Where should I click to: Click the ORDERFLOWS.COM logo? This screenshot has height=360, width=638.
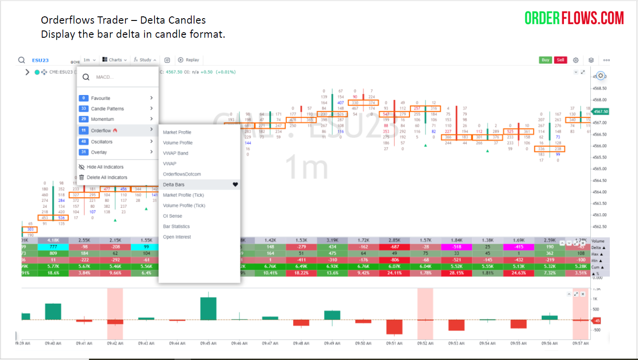[x=574, y=18]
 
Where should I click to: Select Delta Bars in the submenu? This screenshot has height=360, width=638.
[x=174, y=185]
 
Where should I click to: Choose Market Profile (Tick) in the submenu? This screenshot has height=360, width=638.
[x=183, y=195]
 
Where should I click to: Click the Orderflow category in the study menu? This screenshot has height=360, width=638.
[x=101, y=130]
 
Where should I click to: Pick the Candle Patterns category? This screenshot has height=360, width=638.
[x=107, y=109]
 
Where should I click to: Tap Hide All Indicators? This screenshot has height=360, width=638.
[x=105, y=167]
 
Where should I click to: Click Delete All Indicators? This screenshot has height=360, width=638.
[x=107, y=177]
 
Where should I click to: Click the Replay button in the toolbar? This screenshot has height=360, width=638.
[x=189, y=60]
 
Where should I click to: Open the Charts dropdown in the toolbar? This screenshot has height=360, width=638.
[x=115, y=60]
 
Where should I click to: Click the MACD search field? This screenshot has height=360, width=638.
[x=123, y=77]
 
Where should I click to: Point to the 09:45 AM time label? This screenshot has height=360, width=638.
[x=208, y=344]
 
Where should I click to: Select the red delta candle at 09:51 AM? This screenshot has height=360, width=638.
[x=394, y=327]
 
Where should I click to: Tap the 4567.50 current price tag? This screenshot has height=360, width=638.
[x=601, y=111]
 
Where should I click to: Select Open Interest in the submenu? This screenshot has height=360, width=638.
[x=177, y=237]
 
